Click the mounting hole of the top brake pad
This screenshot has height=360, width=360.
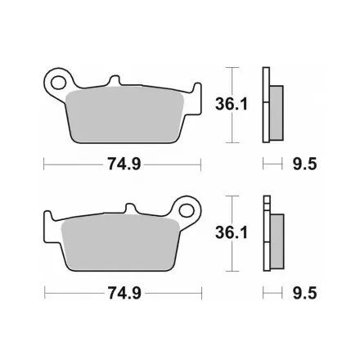pyautogui.click(x=58, y=83)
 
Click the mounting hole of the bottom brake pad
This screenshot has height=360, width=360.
pyautogui.click(x=187, y=211)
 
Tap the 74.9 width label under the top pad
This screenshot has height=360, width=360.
pyautogui.click(x=124, y=164)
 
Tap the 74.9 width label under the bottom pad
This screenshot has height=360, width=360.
pyautogui.click(x=124, y=293)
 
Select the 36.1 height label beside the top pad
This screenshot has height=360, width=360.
pyautogui.click(x=232, y=104)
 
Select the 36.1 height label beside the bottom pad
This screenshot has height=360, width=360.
pyautogui.click(x=232, y=233)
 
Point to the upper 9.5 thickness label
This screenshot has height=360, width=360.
pyautogui.click(x=304, y=164)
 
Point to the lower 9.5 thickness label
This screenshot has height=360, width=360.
pyautogui.click(x=304, y=293)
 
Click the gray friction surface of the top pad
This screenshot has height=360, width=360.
pyautogui.click(x=125, y=115)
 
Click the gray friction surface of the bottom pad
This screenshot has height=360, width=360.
pyautogui.click(x=120, y=243)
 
